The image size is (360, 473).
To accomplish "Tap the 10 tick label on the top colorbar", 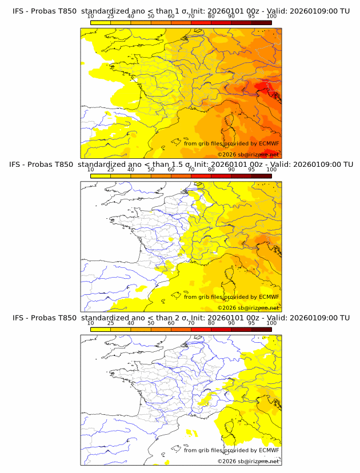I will [x=90, y=17].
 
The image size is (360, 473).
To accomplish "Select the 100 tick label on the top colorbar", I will [x=271, y=17].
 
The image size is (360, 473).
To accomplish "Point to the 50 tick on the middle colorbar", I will [x=151, y=170].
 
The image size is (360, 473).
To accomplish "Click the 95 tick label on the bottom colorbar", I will [x=251, y=323].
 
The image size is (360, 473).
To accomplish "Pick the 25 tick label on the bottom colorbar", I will [x=110, y=323].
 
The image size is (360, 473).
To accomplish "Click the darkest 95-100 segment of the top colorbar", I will [x=261, y=23].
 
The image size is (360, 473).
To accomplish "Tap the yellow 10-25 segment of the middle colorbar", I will [x=101, y=176].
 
